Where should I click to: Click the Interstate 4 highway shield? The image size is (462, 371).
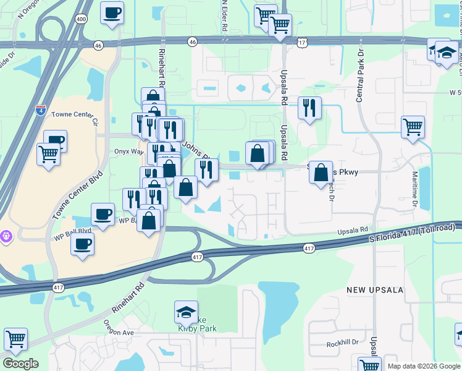(41, 111)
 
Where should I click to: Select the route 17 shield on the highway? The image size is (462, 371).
(301, 42)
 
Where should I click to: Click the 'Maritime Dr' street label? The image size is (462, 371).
(414, 190)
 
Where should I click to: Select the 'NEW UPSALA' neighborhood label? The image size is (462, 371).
(374, 290)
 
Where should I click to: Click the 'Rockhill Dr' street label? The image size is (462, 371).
(343, 342)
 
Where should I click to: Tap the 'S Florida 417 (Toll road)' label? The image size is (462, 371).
(412, 232)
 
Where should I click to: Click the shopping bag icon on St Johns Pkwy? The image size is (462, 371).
(321, 173)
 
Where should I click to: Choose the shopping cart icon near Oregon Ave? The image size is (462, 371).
(15, 339)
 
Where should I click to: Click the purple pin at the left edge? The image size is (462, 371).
(7, 236)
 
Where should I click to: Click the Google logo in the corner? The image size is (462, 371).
(20, 364)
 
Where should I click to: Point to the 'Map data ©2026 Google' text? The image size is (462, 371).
(423, 366)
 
